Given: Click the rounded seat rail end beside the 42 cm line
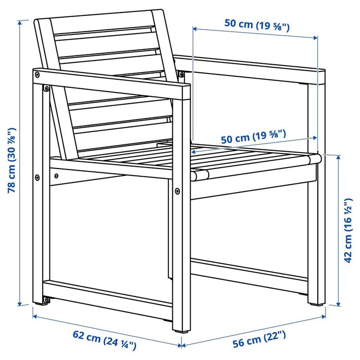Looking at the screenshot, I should click(x=315, y=158).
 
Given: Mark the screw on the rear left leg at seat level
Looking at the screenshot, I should click(x=38, y=177).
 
